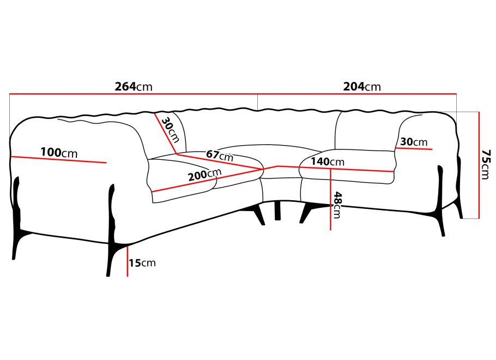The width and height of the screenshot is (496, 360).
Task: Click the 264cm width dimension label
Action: coord(134,87)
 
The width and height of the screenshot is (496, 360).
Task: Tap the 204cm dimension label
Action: coord(362,87)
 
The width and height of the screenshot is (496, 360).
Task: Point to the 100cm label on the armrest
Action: coord(59,153)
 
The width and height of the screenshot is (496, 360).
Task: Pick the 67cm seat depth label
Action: coord(220,155)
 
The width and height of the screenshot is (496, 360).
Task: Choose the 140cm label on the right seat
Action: coord(328,161)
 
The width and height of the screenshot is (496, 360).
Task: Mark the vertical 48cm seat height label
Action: coord(337,205)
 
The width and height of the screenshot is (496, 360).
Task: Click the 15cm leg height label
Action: coord(142,263)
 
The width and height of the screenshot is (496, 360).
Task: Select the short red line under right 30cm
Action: coord(415,148)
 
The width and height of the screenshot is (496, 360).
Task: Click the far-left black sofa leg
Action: coord(17,218)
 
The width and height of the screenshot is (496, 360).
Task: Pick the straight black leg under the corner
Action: coord(279,210)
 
